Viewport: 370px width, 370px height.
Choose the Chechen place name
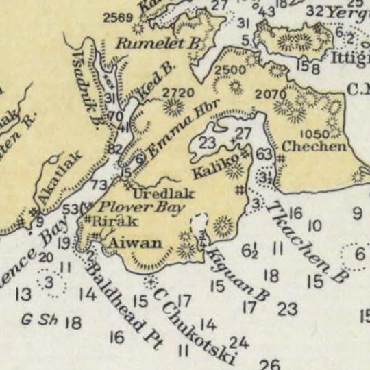point(304,146)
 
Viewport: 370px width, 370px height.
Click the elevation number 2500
point(229,71)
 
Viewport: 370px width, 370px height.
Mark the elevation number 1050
point(315,133)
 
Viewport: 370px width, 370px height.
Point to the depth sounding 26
point(270,365)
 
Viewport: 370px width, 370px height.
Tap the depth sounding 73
point(99,185)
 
